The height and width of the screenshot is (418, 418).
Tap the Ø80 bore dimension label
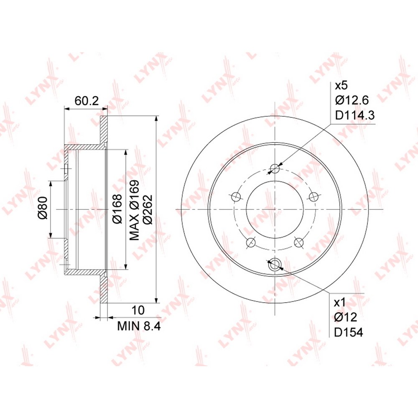pos(43,208)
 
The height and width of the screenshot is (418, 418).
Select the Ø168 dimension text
pos(117,209)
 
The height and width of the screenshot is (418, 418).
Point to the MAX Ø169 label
pos(134,210)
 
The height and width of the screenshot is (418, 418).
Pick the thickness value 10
pos(138,310)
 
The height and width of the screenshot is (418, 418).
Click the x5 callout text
pos(341,86)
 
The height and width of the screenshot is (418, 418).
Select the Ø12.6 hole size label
pos(352,100)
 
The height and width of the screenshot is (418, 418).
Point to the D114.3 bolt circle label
pos(355,115)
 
